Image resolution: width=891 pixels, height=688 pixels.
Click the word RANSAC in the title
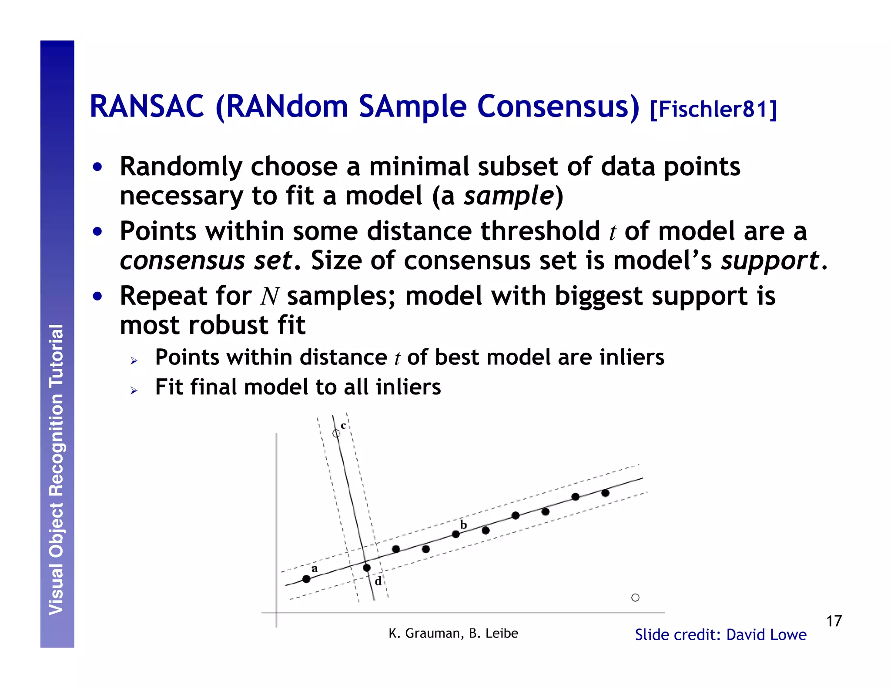click(x=147, y=107)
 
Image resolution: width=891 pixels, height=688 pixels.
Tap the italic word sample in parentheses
click(x=509, y=196)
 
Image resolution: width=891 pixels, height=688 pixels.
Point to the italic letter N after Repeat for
click(x=269, y=297)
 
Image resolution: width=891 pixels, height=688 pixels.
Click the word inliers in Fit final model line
click(x=408, y=387)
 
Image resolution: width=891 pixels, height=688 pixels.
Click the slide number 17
click(x=834, y=621)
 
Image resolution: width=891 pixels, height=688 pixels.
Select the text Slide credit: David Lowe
click(x=720, y=635)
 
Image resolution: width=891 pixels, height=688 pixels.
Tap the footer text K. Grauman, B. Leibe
click(x=453, y=633)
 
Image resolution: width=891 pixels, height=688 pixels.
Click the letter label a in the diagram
click(x=315, y=569)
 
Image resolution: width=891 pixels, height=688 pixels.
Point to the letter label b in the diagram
click(x=463, y=524)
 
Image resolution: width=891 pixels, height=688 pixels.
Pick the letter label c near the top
click(x=343, y=426)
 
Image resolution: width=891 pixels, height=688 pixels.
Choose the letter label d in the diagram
click(x=378, y=581)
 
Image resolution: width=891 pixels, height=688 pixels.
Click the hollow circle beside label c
click(x=336, y=433)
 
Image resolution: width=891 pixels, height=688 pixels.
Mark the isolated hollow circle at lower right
click(x=635, y=598)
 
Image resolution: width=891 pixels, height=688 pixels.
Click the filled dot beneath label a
click(x=306, y=579)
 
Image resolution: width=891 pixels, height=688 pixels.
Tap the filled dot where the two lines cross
click(x=367, y=568)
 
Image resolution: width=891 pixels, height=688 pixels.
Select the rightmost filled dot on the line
click(x=605, y=493)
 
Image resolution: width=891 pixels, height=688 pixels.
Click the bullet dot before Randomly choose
click(x=97, y=167)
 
